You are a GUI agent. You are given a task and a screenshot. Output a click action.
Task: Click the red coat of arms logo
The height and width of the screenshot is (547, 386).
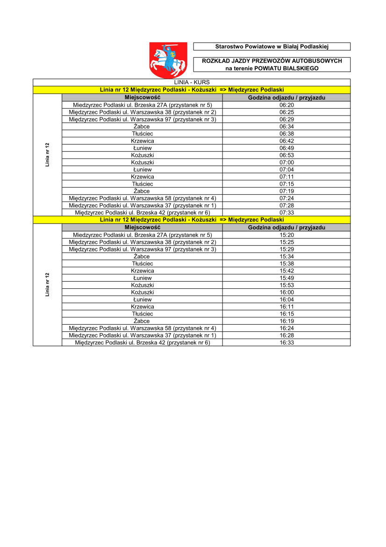point(168,59)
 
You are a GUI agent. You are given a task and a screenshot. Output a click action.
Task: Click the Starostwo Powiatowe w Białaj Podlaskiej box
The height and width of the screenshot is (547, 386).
point(272,46)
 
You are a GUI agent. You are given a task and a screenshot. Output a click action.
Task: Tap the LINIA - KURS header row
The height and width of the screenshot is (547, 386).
point(192,82)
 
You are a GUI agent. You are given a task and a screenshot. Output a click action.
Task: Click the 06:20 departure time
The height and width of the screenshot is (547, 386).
point(286,105)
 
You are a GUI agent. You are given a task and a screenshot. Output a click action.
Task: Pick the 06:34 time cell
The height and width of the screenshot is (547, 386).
point(286,126)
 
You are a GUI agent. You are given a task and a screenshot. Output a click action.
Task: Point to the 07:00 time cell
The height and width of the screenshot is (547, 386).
point(286,162)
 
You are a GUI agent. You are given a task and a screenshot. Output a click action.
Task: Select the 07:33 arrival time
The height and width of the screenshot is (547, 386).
point(286,212)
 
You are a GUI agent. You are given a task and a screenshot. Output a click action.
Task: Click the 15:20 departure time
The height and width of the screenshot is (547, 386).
point(286,235)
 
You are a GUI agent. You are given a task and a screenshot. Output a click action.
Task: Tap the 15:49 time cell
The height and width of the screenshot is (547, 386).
point(286,278)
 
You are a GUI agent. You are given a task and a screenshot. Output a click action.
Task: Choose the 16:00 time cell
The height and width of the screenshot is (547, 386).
point(286,292)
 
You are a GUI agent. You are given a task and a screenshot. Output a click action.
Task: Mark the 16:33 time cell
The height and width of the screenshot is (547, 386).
point(286,343)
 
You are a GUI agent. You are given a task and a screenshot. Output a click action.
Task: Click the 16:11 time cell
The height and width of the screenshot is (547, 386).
point(286,306)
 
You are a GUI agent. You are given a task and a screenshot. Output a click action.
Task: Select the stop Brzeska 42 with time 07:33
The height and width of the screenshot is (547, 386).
point(143,212)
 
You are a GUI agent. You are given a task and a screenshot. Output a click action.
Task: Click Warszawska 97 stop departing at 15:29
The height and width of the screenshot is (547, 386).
point(143,249)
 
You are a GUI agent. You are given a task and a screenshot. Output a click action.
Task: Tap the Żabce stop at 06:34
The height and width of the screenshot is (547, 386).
point(142,126)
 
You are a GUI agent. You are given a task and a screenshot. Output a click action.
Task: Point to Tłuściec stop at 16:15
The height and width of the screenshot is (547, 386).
point(143,314)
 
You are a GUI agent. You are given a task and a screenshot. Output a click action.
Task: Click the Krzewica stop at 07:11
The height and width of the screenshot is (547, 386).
point(143,177)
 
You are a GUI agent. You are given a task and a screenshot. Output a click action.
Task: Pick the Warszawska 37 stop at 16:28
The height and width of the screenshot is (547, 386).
point(143,335)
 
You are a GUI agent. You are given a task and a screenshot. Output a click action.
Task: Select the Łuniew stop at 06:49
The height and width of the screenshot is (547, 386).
point(143,148)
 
